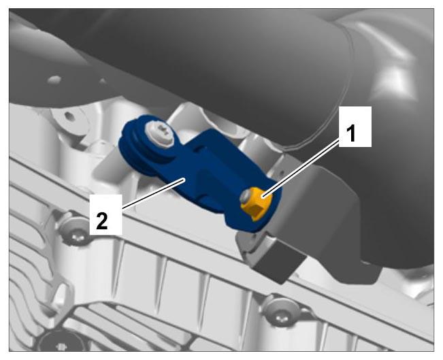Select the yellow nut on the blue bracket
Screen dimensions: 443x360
pos(257,203)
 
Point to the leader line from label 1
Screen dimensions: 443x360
pos(301,169)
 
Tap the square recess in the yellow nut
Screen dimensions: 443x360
pos(257,210)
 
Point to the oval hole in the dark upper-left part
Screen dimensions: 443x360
pos(54,80)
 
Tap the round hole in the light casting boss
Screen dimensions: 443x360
pos(68,115)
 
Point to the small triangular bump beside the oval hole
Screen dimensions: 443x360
pos(103,81)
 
